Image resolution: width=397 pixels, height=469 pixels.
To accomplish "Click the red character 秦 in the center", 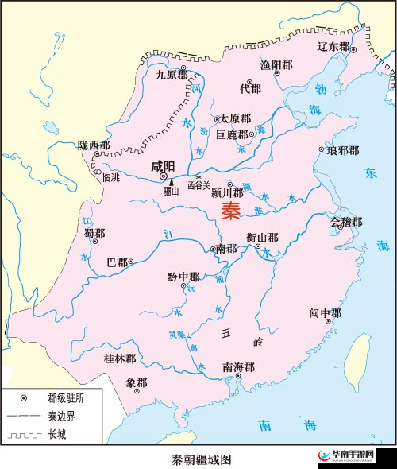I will tap(230, 211).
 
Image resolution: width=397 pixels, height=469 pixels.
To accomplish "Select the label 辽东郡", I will tap(333, 47).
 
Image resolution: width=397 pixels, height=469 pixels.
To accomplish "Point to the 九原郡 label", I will tap(171, 75).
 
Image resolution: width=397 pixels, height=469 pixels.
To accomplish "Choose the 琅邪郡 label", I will tap(342, 150).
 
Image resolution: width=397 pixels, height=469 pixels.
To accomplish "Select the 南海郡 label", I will tap(239, 366).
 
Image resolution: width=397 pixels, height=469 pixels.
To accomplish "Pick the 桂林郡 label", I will tap(120, 359).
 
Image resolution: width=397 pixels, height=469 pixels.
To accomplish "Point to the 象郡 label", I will tap(137, 382).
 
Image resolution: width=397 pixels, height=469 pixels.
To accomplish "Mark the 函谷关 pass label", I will tap(198, 185).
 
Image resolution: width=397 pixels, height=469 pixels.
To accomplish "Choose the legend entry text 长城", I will tap(58, 434).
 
